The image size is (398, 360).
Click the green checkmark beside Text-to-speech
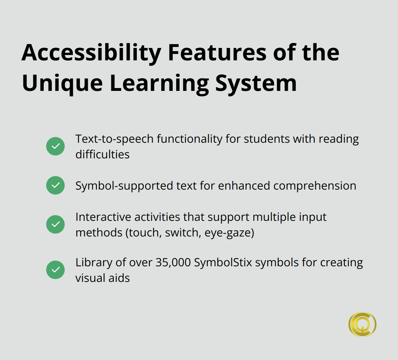coord(55,146)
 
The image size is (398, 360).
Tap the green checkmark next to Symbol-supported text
coord(55,185)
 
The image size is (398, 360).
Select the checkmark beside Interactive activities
coord(55,224)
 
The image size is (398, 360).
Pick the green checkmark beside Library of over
coord(55,270)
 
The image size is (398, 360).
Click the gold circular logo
coord(362,324)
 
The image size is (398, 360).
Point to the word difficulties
coord(102,154)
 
